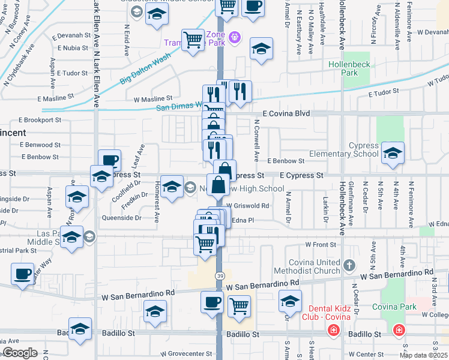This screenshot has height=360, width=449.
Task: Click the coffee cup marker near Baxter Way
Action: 23,274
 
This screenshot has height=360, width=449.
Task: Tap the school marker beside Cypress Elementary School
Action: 393,153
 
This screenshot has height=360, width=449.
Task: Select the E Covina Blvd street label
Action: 286,113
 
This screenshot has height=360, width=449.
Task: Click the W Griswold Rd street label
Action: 247,205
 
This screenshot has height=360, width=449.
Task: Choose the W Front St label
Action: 320,245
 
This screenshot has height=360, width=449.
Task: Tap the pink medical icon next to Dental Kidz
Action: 333,330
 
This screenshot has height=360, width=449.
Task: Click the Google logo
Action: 20,353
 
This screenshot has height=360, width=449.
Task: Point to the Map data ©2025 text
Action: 423,355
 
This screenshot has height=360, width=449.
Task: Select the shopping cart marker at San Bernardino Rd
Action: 240,305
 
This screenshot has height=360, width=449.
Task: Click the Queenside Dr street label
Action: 121,218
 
